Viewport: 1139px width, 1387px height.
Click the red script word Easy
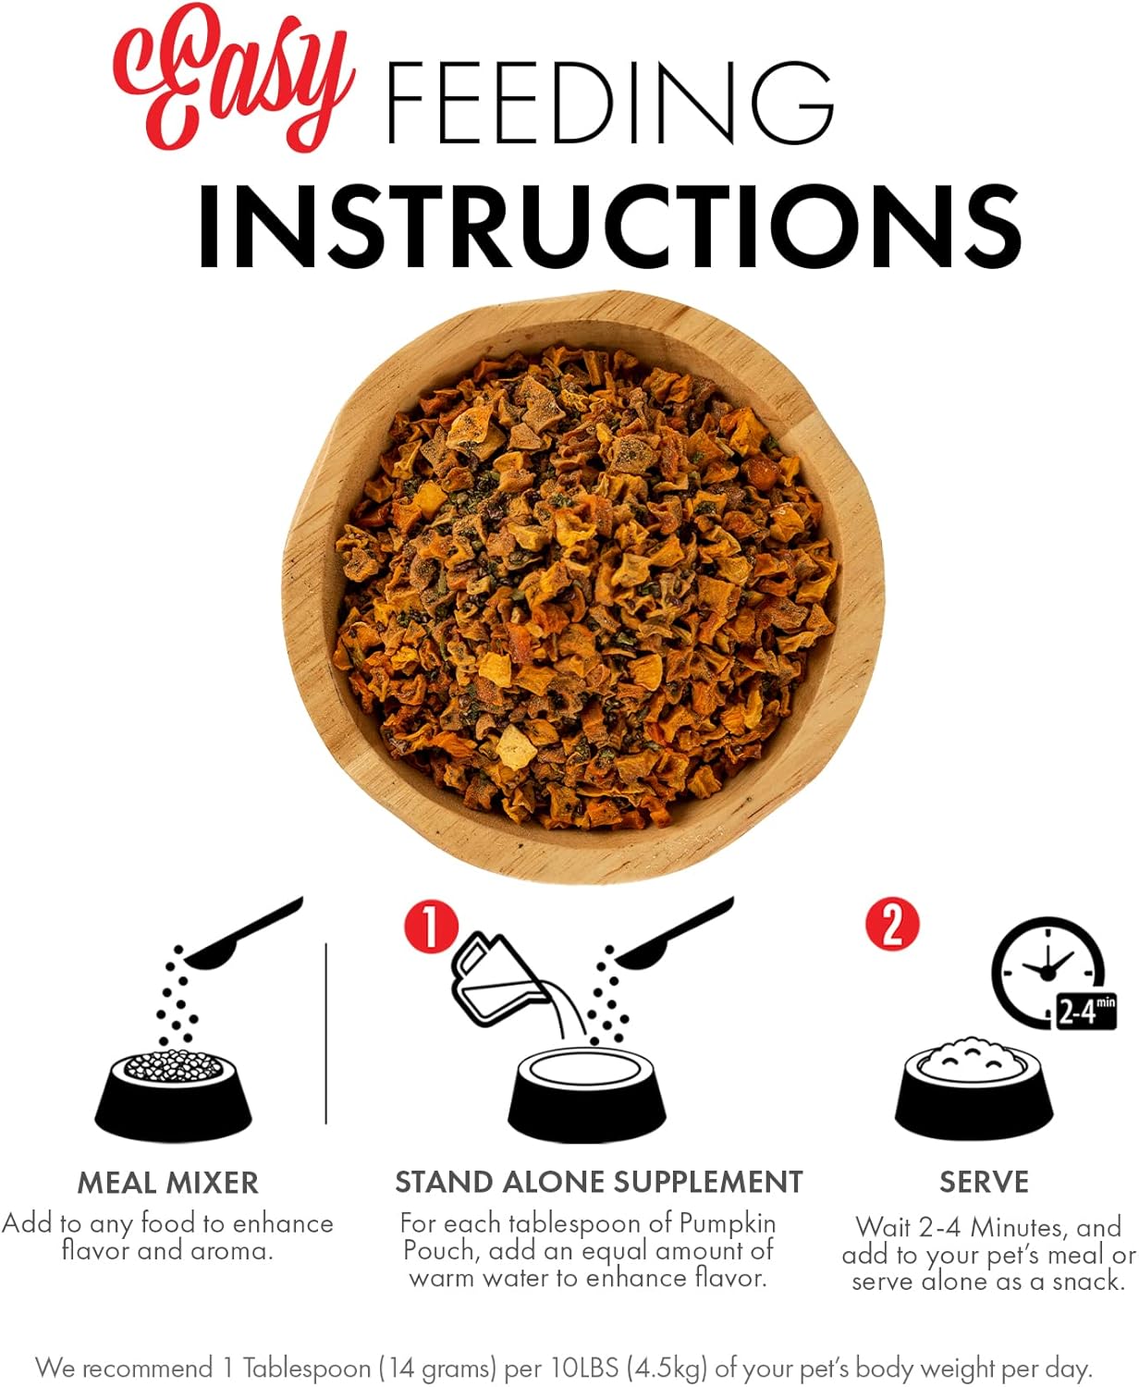coord(234,79)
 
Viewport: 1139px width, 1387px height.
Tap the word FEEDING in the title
coord(609,103)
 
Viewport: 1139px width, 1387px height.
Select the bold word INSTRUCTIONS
coord(609,226)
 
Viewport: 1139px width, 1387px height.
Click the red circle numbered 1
coord(431,927)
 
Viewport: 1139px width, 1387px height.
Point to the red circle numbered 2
coord(892,925)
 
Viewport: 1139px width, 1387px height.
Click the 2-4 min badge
coord(1085,1013)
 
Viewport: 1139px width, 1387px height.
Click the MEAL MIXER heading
coord(167,1184)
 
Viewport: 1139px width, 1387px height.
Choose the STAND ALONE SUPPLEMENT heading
coord(598,1182)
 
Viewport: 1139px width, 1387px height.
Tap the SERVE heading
coord(984,1182)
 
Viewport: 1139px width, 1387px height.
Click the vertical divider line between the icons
coord(325,1034)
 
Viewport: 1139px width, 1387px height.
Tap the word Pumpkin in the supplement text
coord(728,1224)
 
